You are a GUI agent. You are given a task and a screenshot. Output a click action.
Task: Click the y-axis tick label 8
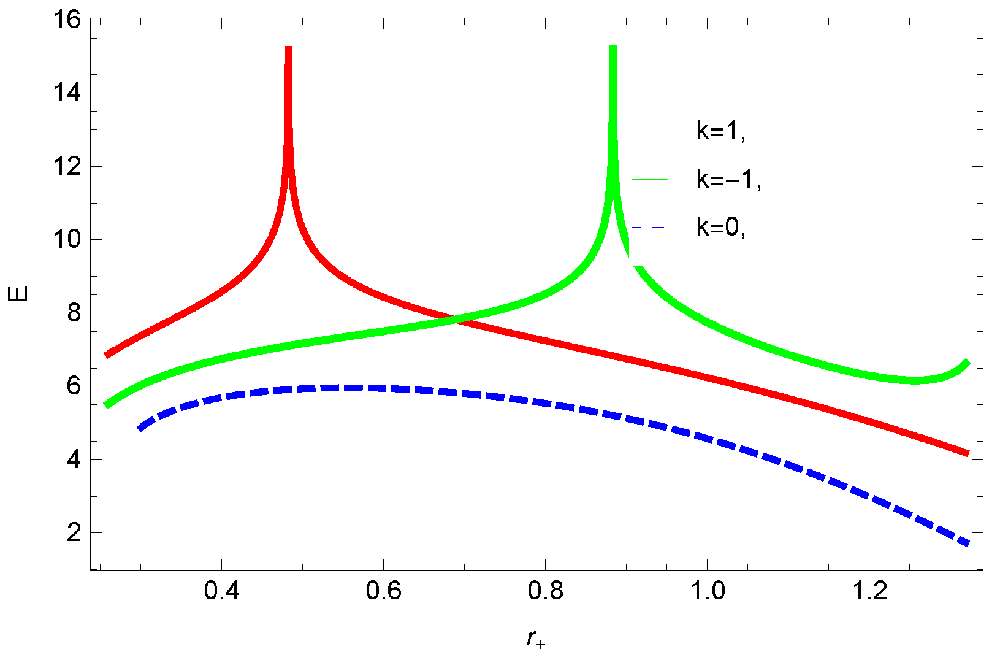(75, 313)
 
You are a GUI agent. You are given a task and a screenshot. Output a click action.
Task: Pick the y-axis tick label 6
(75, 386)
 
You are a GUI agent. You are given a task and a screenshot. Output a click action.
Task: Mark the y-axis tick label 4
(75, 460)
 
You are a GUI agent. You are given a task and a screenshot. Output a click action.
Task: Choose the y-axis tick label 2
(75, 533)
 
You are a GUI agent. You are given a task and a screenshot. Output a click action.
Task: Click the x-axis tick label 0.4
(221, 591)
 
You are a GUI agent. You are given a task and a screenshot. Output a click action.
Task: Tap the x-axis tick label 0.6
(383, 591)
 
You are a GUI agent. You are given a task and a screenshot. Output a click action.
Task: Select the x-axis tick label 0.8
(545, 591)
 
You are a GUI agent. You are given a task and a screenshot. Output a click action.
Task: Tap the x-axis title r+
(536, 639)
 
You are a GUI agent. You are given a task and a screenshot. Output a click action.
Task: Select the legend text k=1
(721, 131)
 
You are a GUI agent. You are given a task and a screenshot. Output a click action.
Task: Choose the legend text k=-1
(728, 180)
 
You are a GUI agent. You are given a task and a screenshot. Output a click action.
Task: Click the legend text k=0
(721, 228)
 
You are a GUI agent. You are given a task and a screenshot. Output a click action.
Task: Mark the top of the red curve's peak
(288, 48)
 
